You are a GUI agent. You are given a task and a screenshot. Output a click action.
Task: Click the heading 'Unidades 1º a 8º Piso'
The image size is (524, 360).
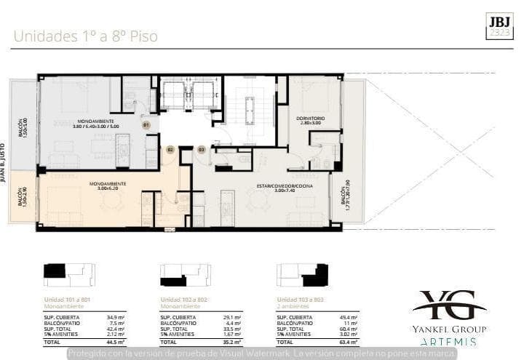pos(85,36)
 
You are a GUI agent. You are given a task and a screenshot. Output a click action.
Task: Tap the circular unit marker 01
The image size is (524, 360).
pos(146,125)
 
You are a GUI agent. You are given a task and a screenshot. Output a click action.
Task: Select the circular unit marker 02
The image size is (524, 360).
pos(170,149)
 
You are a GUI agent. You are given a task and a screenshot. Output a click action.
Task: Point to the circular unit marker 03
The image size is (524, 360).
pos(201,149)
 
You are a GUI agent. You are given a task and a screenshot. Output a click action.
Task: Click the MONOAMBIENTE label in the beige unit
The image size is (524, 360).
pos(108,185)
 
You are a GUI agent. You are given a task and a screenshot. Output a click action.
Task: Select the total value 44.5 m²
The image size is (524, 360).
pos(116,341)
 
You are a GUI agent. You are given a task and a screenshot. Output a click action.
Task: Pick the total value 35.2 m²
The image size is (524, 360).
pos(233,341)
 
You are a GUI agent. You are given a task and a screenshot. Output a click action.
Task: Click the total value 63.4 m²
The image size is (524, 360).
pos(349,341)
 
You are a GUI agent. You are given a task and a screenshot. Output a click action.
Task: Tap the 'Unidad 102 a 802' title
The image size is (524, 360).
pos(183,300)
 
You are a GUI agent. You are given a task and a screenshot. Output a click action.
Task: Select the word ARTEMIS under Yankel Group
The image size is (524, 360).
pos(449,341)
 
